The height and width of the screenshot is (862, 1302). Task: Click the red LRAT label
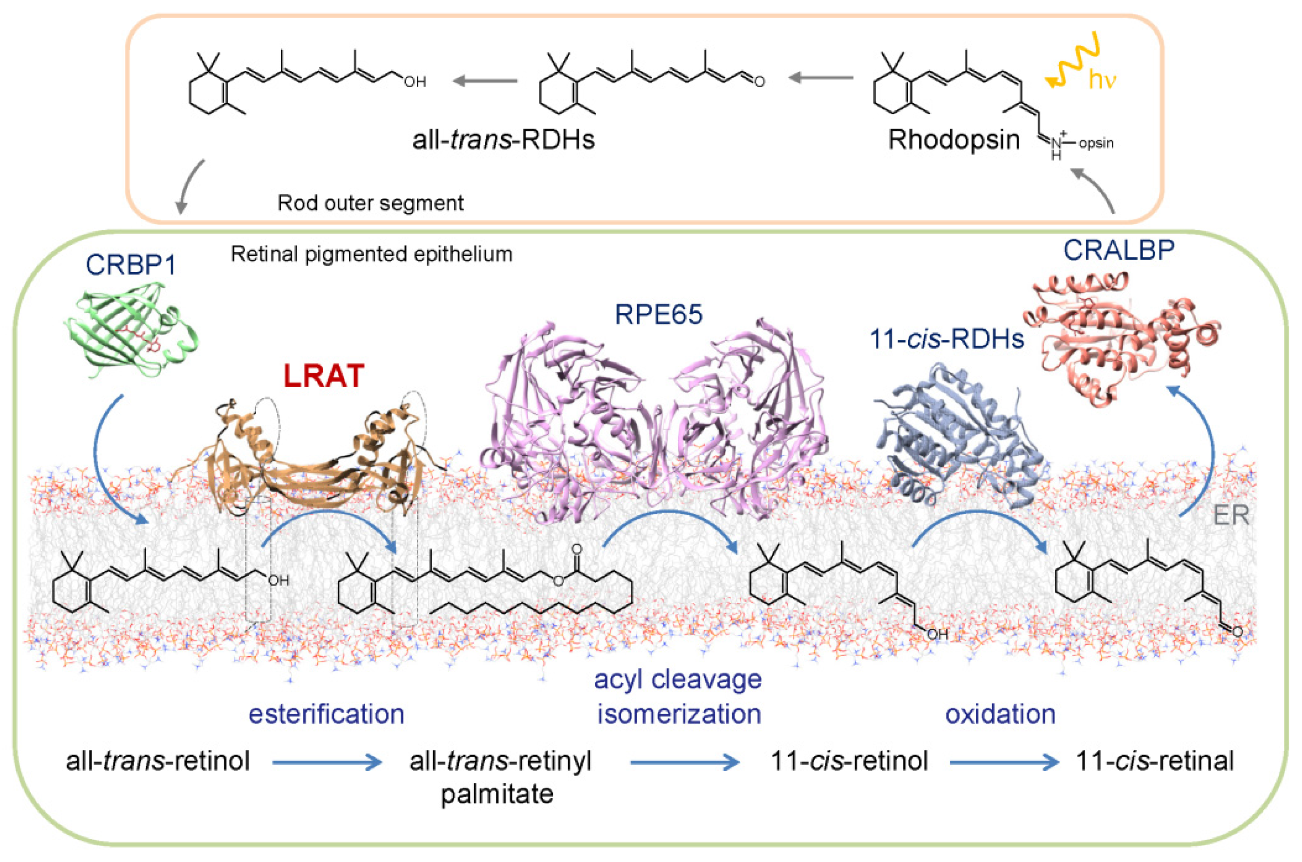pyautogui.click(x=323, y=376)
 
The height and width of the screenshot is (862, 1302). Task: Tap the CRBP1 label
pyautogui.click(x=131, y=265)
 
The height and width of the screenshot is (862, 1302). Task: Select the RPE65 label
pyautogui.click(x=658, y=315)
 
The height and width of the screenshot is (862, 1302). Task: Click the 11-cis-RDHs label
pyautogui.click(x=947, y=339)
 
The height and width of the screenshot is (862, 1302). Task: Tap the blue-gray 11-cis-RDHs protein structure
pyautogui.click(x=957, y=440)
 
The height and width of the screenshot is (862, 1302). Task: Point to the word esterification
pyautogui.click(x=327, y=714)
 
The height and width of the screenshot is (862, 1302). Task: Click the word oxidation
pyautogui.click(x=1000, y=714)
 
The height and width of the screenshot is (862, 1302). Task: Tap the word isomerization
pyautogui.click(x=679, y=714)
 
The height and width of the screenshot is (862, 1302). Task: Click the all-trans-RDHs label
pyautogui.click(x=503, y=140)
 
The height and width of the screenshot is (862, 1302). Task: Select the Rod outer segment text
pyautogui.click(x=370, y=203)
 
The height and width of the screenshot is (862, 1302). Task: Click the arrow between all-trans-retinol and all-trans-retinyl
pyautogui.click(x=327, y=762)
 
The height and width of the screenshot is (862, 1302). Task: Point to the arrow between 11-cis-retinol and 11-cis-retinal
pyautogui.click(x=1004, y=762)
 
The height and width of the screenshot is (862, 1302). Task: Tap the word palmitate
pyautogui.click(x=497, y=794)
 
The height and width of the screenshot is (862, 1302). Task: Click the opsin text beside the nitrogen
pyautogui.click(x=1096, y=143)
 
